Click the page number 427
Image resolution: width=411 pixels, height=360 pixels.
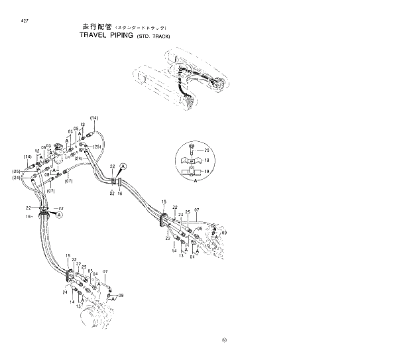(25, 20)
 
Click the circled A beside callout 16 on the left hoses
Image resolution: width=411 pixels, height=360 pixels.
(59, 215)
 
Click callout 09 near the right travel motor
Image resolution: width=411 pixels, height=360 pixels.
(223, 233)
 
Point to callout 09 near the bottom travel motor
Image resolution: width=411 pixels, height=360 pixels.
(121, 295)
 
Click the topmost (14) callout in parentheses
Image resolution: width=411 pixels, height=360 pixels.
(94, 118)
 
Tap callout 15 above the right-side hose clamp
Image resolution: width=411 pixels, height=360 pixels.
(164, 201)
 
